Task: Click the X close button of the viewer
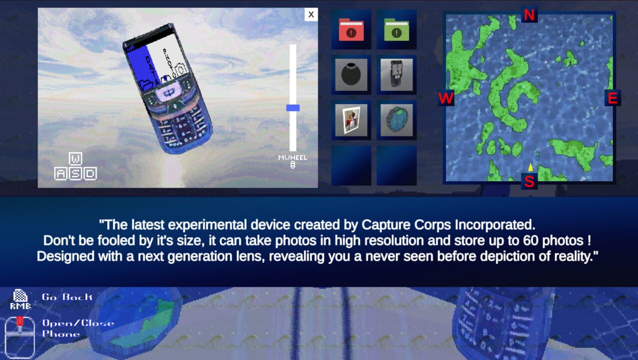point(311,14)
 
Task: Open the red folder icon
point(351,29)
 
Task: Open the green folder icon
point(396,29)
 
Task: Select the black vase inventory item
point(351,75)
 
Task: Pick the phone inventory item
point(396,75)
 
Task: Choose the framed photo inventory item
point(351,120)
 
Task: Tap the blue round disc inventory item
point(396,120)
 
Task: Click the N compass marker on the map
point(529,15)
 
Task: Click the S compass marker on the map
point(529,181)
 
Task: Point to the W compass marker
point(446,98)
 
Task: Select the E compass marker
point(613,98)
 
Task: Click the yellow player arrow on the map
point(530,166)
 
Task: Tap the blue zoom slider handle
point(293,107)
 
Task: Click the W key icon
point(75,159)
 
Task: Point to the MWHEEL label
point(293,157)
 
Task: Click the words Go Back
point(67,297)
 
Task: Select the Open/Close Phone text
point(77,328)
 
